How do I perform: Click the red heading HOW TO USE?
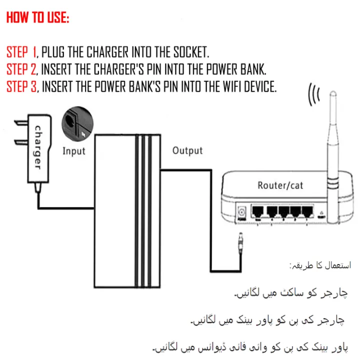(38, 18)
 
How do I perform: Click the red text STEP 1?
(22, 52)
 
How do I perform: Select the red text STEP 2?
(22, 69)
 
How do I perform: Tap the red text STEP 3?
(22, 86)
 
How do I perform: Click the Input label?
(73, 150)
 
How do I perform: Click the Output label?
(187, 150)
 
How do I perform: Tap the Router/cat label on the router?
(280, 185)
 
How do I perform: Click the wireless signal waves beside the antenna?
(313, 94)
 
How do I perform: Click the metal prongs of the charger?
(20, 133)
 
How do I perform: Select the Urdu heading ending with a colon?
(320, 264)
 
